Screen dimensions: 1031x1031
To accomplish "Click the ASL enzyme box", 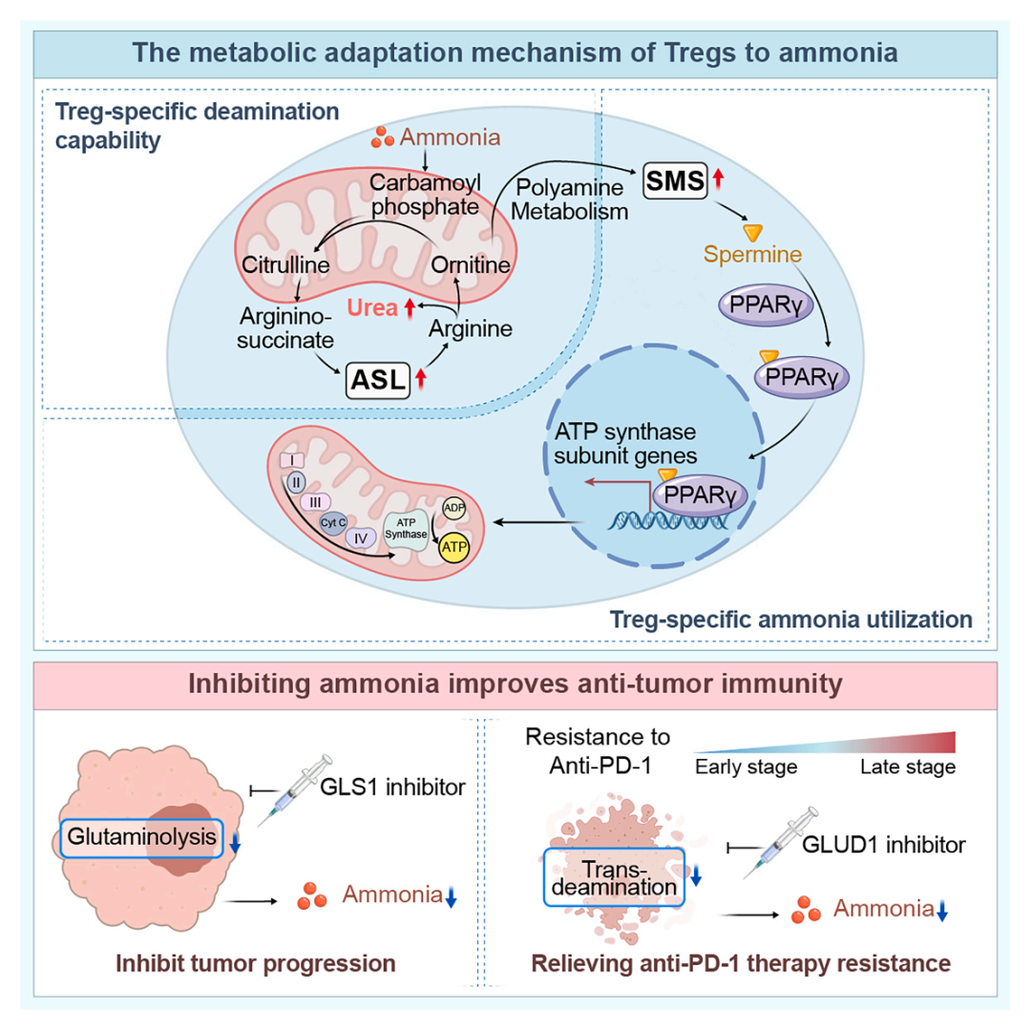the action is point(378,380).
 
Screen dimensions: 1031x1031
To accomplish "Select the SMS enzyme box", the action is point(675,180).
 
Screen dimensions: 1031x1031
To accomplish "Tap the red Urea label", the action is point(372,307).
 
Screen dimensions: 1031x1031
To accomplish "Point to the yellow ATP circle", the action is point(453,546).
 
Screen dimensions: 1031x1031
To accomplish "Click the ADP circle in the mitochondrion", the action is point(453,508).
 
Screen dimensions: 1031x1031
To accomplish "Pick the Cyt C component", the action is point(333,523).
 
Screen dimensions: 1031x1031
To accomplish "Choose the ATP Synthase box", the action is point(406,529).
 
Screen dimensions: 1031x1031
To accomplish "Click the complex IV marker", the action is point(360,538).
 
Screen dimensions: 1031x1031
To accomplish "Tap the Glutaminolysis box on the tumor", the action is point(141,838).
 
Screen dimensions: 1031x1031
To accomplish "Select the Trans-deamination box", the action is point(614,878).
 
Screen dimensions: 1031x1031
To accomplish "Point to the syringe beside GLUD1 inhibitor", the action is point(780,843).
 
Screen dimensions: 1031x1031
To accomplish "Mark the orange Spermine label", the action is point(752,255).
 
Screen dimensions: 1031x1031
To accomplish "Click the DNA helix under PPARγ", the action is point(667,521).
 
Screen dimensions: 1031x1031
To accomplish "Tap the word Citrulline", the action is point(285,265).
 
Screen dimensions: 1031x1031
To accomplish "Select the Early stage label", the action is point(747,767).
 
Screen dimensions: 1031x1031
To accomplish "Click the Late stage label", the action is point(908,767).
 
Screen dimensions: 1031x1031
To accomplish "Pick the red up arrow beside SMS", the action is point(718,179).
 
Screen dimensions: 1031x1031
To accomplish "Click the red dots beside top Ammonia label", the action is point(382,137).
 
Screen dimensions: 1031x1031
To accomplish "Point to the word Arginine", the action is point(471,328).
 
